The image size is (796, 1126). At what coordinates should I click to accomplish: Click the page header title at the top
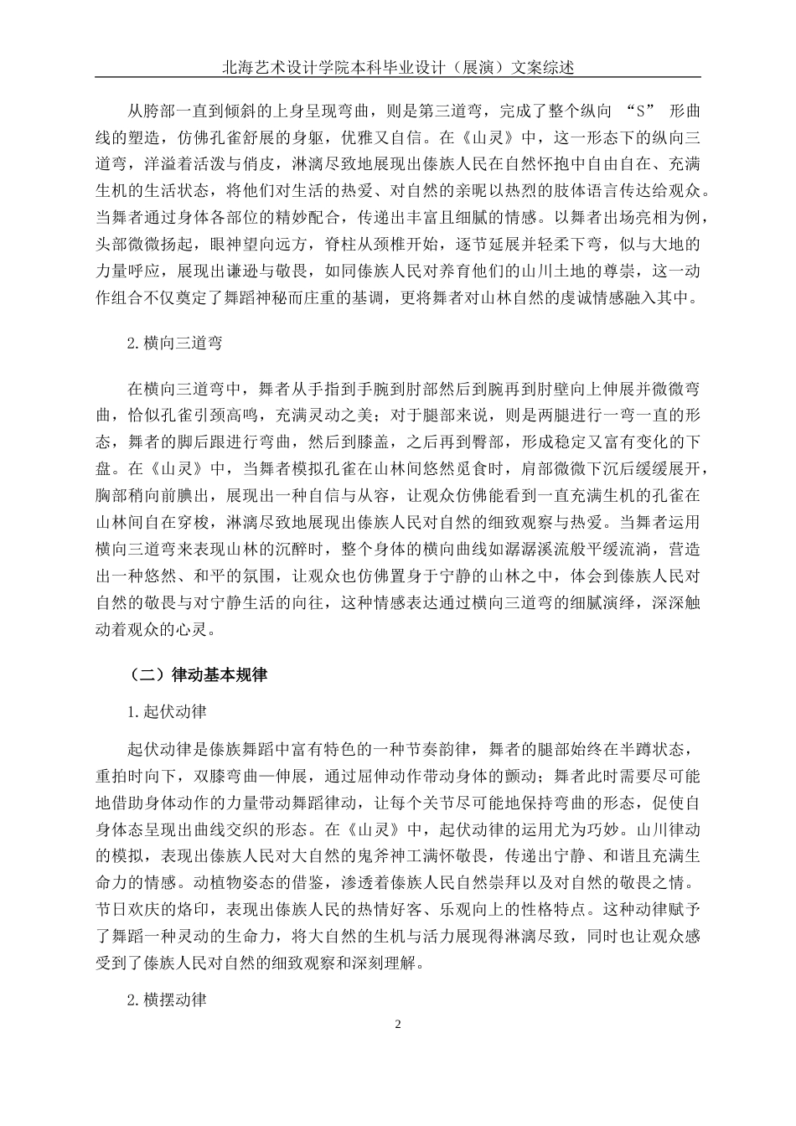[398, 68]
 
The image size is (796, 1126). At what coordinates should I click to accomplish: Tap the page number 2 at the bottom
[398, 1025]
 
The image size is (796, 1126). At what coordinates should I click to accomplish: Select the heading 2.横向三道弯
[173, 343]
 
